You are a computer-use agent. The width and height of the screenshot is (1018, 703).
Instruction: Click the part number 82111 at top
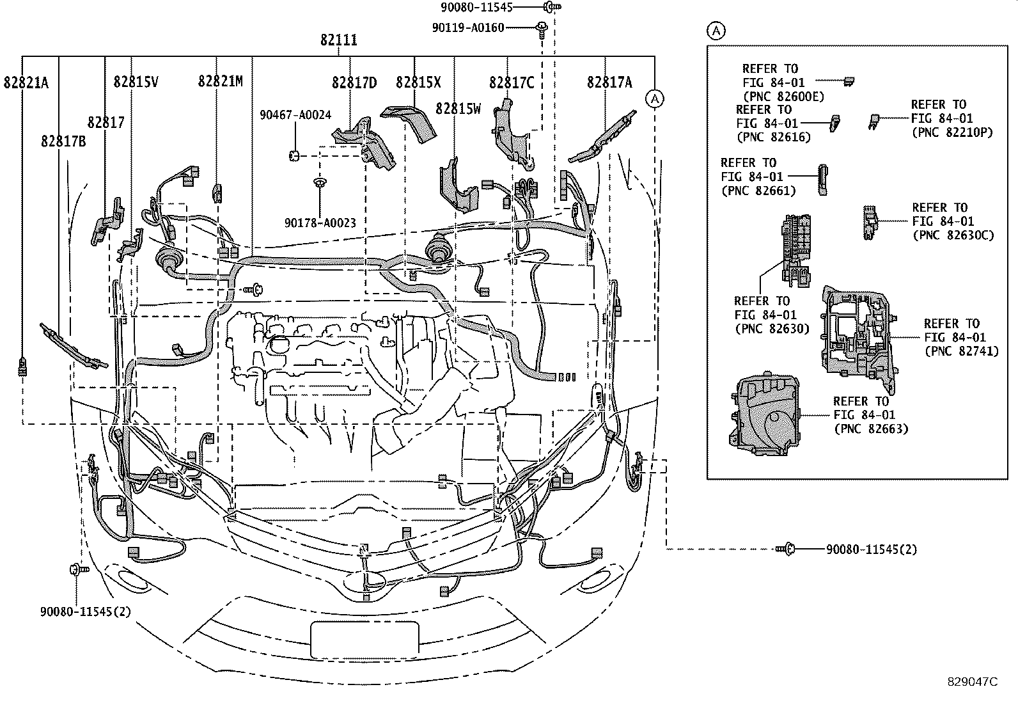click(x=338, y=40)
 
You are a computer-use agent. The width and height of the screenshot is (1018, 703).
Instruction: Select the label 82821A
click(x=26, y=82)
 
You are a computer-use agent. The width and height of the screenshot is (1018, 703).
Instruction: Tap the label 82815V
click(x=136, y=82)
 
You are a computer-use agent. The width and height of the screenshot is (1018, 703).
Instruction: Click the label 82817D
click(x=354, y=83)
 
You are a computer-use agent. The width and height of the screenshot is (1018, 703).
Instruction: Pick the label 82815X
click(x=418, y=83)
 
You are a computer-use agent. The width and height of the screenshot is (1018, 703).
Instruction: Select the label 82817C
click(x=512, y=83)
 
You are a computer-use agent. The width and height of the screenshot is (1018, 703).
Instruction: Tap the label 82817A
click(x=609, y=82)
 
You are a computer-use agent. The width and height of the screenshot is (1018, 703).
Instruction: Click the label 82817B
click(x=63, y=141)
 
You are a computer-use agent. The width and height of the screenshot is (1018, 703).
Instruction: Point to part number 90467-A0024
click(x=295, y=115)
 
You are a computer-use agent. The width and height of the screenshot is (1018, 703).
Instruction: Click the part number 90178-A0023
click(x=320, y=223)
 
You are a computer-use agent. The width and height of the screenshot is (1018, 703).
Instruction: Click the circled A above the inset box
click(x=716, y=30)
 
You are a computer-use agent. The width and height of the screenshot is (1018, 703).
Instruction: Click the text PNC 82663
click(x=871, y=429)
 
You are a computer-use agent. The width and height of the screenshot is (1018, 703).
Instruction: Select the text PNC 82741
click(x=961, y=351)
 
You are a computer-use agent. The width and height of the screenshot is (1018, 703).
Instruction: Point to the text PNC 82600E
click(x=783, y=97)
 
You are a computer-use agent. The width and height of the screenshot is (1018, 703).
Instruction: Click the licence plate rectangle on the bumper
click(x=364, y=640)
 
